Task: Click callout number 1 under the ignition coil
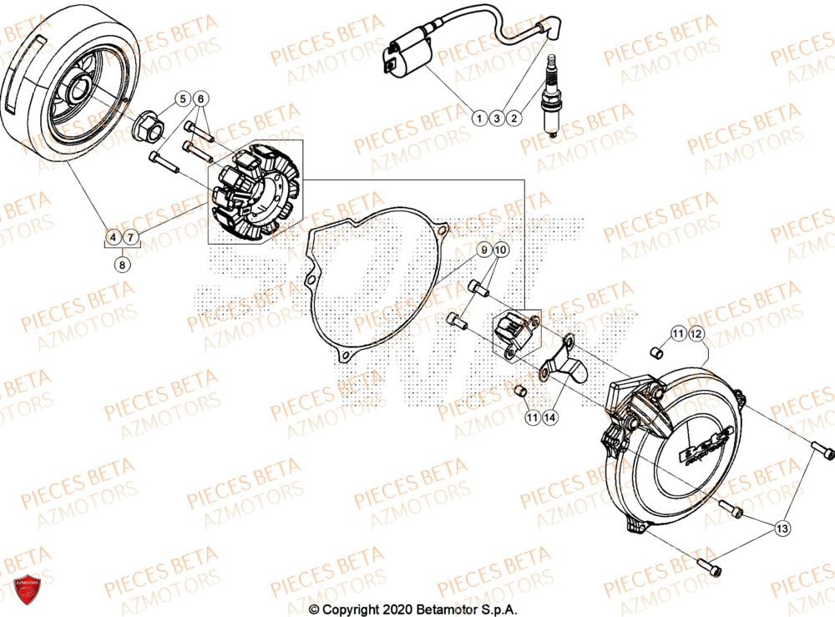(478, 119)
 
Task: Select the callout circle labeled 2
(514, 119)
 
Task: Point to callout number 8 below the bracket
(123, 265)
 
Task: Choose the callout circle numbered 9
(483, 250)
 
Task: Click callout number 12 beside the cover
(696, 335)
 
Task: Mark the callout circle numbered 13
(782, 528)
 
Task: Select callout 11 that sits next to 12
(678, 335)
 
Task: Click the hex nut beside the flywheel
(149, 127)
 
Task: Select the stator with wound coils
(250, 194)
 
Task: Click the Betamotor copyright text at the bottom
(413, 609)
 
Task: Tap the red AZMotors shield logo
(24, 591)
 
